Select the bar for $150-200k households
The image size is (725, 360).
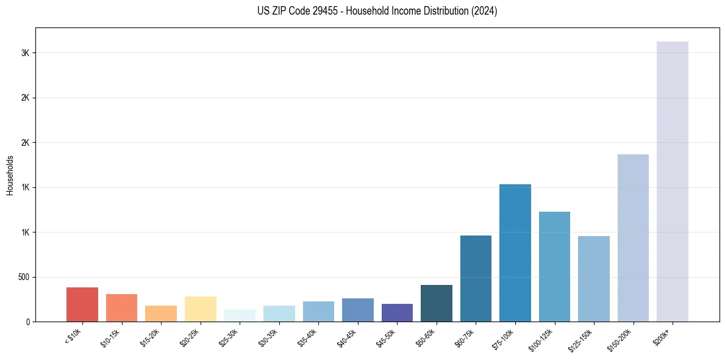pos(633,238)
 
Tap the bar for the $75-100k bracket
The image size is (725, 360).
pos(515,253)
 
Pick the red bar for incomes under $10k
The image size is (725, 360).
pos(82,304)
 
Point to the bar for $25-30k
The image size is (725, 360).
pos(240,315)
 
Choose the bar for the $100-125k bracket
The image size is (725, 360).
pos(554,267)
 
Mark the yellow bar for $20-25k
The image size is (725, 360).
pos(200,309)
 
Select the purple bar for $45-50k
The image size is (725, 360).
pos(397,312)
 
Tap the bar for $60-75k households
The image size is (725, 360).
pos(476,278)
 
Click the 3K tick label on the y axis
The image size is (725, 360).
pos(26,53)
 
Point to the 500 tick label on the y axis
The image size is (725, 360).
pos(23,277)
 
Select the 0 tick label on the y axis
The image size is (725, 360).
pos(28,322)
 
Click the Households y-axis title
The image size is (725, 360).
pos(10,175)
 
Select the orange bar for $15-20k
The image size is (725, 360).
pos(161,314)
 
